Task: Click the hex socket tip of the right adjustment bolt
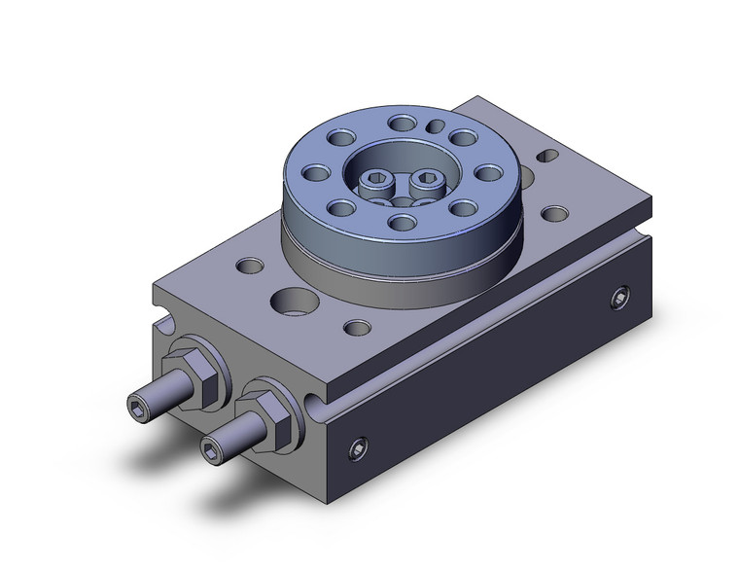point(210,446)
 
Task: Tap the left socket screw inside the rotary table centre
point(373,181)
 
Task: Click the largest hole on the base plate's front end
point(291,300)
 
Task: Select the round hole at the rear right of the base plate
point(556,214)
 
